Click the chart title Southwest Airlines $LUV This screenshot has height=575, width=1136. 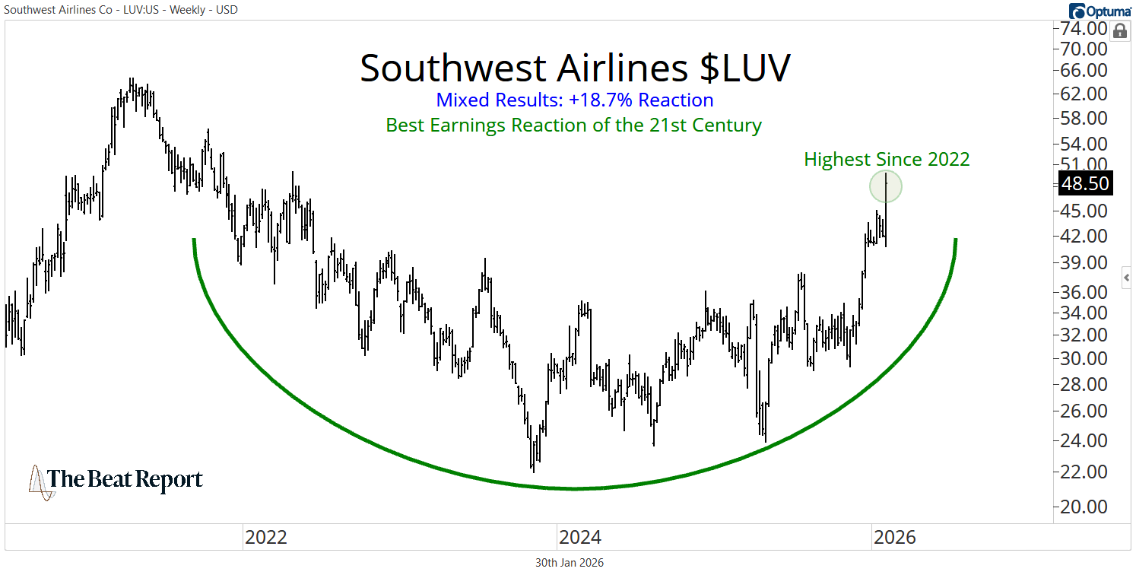click(575, 68)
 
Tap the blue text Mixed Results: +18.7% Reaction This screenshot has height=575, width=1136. click(575, 100)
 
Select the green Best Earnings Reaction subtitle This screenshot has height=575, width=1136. click(573, 125)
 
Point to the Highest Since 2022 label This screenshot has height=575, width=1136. click(887, 159)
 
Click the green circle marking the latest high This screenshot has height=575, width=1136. click(886, 186)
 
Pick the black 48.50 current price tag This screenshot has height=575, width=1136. click(1086, 183)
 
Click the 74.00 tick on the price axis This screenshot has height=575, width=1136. click(1086, 30)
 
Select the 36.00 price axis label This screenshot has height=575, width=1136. click(1086, 292)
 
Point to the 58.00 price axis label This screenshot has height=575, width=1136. click(1086, 119)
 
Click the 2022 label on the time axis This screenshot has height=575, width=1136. click(265, 538)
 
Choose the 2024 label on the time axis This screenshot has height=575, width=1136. click(580, 538)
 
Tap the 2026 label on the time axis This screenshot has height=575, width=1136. click(895, 538)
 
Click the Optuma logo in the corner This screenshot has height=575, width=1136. click(1100, 11)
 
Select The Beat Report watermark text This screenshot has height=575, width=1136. click(125, 480)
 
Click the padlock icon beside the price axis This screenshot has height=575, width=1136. click(1119, 31)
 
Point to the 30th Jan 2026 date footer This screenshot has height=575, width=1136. click(570, 563)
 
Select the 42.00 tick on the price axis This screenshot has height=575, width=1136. click(1086, 237)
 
